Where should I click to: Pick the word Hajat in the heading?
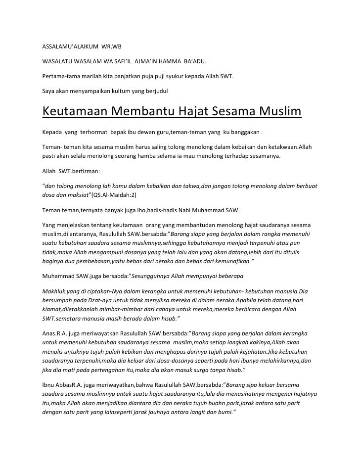click(x=191, y=112)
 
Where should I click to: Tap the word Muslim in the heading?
click(x=278, y=112)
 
